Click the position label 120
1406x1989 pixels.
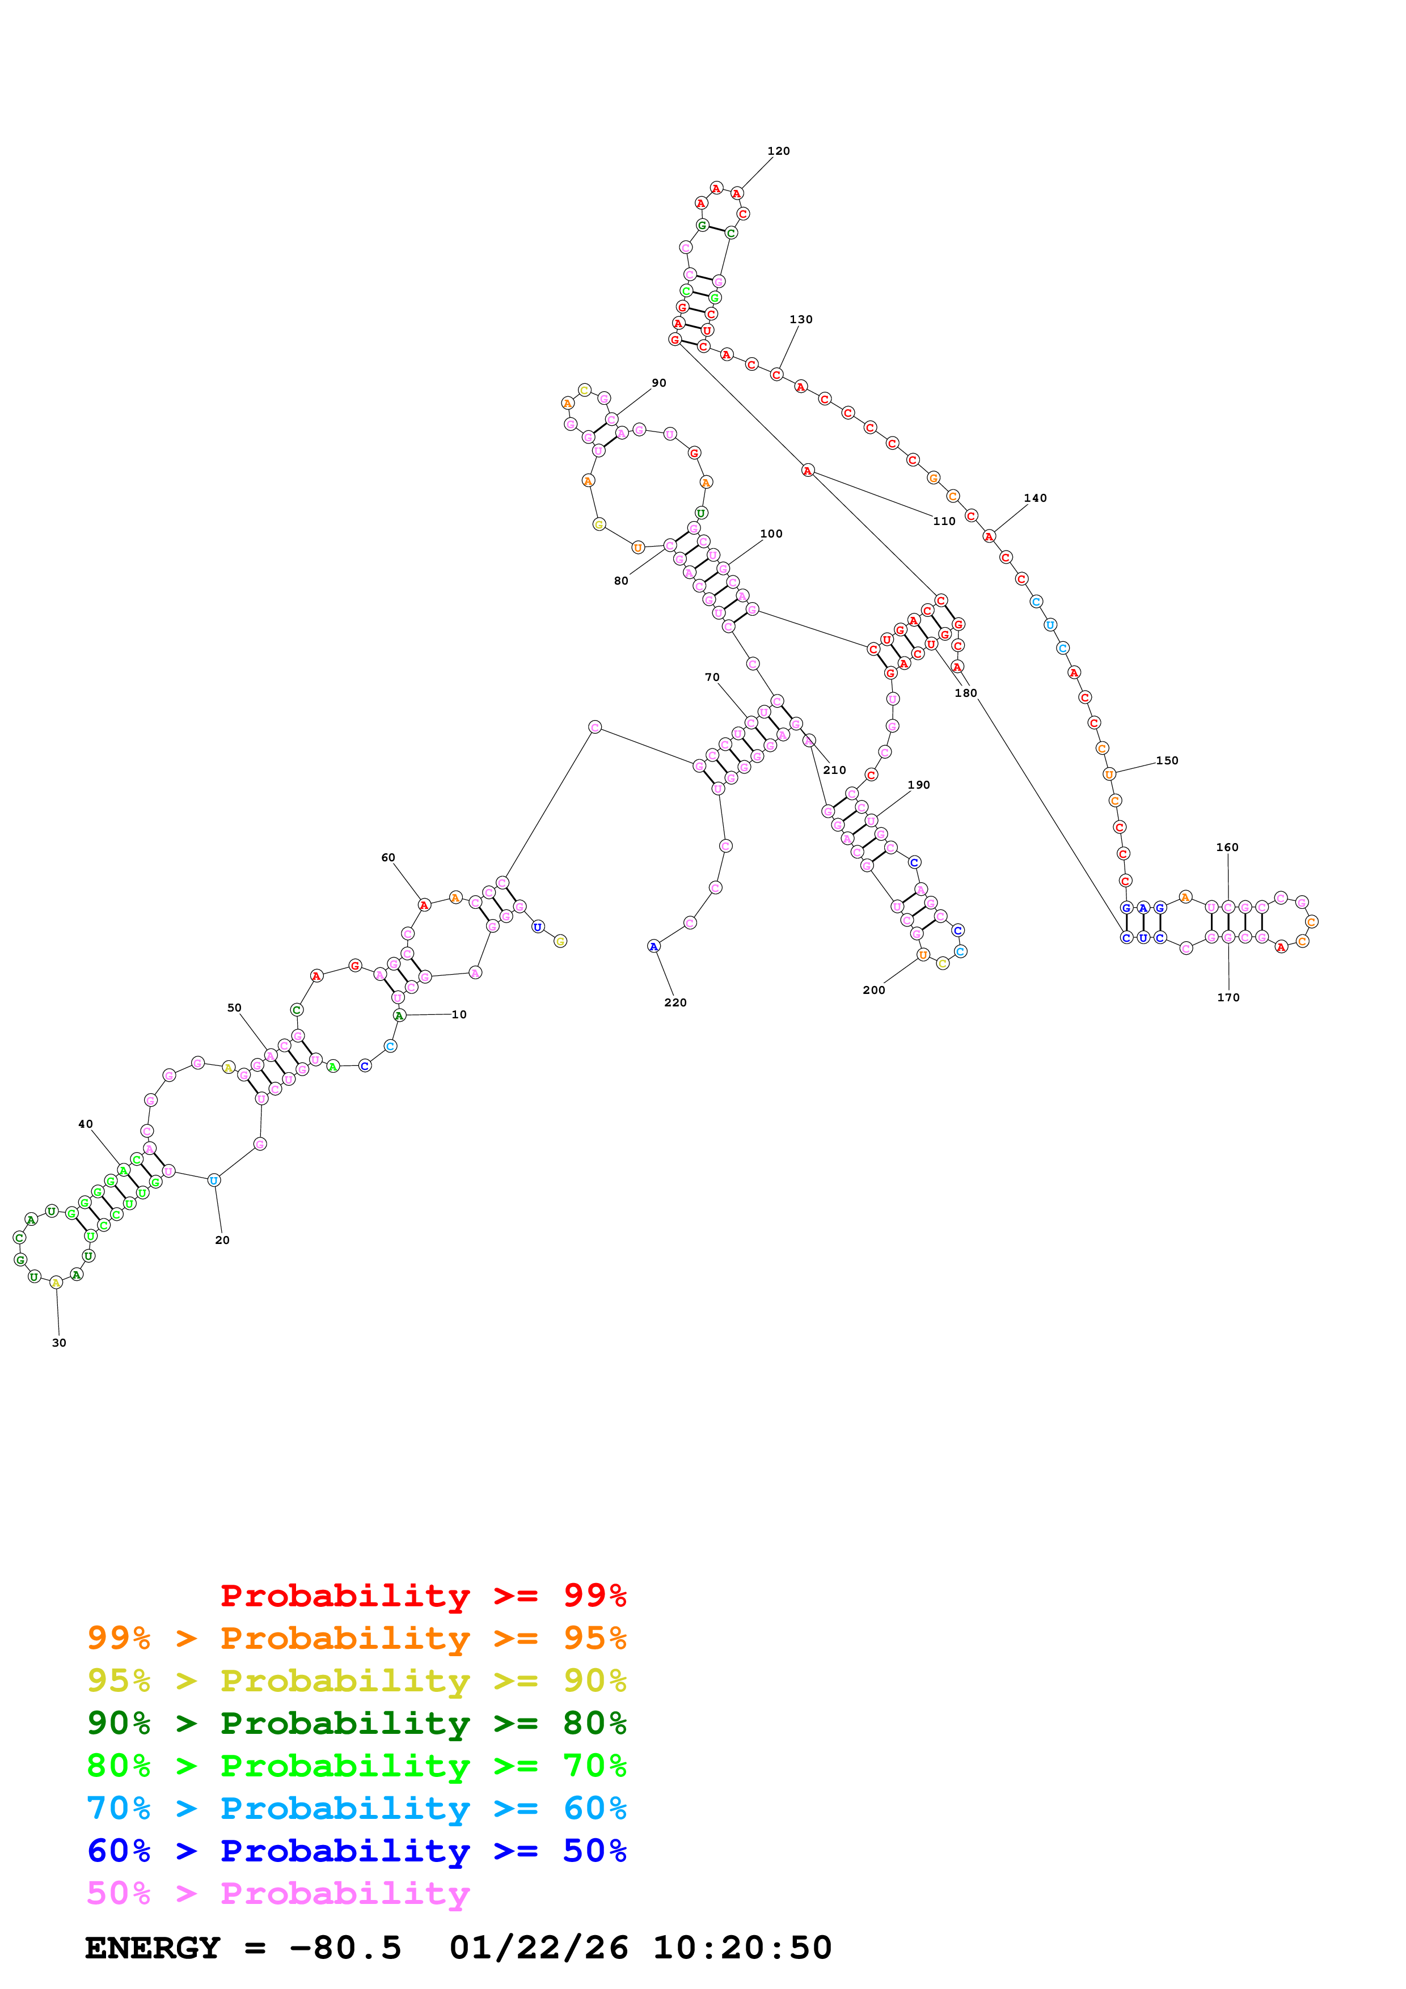pyautogui.click(x=778, y=151)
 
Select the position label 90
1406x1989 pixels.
pyautogui.click(x=658, y=383)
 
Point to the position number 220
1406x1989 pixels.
pyautogui.click(x=675, y=1002)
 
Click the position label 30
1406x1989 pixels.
pyautogui.click(x=59, y=1343)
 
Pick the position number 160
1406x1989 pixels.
pyautogui.click(x=1227, y=847)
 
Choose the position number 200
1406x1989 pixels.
pyautogui.click(x=873, y=990)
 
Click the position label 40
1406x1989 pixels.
pyautogui.click(x=85, y=1124)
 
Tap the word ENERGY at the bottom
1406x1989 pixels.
pyautogui.click(x=153, y=1948)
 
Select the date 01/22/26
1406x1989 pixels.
pyautogui.click(x=538, y=1948)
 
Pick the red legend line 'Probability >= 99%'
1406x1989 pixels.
pyautogui.click(x=423, y=1595)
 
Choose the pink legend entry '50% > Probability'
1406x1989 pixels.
pyautogui.click(x=277, y=1893)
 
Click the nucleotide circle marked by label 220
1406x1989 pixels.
pyautogui.click(x=653, y=946)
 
